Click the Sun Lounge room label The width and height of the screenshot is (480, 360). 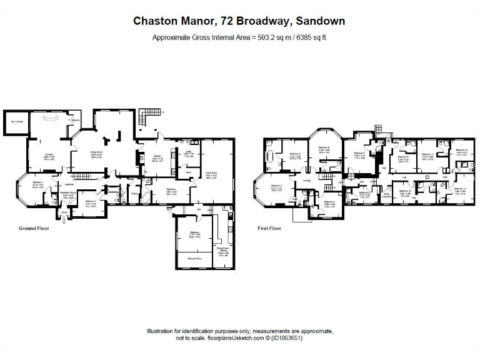tap(16, 121)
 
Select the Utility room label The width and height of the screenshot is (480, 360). tap(188, 152)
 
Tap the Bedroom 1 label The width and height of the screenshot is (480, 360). tap(37, 183)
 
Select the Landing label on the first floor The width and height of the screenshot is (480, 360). tap(307, 181)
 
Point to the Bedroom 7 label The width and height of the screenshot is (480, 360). tap(359, 153)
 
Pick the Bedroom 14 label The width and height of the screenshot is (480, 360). tap(459, 189)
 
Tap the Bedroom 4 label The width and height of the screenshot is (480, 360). tap(276, 186)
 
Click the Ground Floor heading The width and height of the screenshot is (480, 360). tap(34, 229)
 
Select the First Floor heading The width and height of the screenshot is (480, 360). tap(269, 229)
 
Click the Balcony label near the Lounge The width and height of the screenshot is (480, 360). tap(76, 120)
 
